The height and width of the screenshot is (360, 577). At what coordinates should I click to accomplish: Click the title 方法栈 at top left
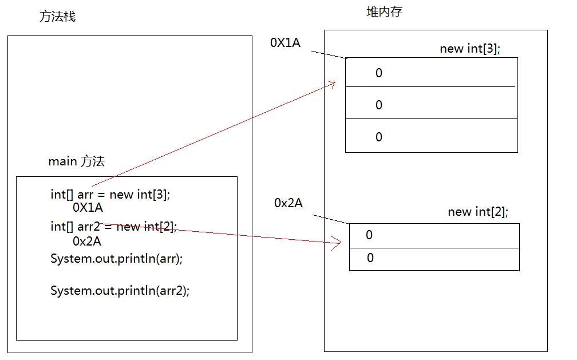tap(57, 17)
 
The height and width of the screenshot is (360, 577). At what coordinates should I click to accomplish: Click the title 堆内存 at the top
tap(384, 11)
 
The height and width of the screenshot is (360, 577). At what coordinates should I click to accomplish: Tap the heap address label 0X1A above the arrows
tap(285, 43)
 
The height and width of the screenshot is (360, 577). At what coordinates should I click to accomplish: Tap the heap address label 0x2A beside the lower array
tap(288, 203)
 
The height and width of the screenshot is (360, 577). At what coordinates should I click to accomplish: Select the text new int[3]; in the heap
tap(469, 49)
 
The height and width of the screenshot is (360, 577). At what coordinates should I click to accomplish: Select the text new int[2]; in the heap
tap(477, 212)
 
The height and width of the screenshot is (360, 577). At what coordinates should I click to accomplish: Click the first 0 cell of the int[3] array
tap(378, 73)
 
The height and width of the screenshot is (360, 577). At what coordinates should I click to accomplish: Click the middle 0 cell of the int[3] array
tap(378, 105)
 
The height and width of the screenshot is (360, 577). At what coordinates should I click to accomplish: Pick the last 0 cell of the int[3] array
tap(378, 137)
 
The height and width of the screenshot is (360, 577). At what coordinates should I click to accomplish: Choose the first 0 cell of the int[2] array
tap(369, 235)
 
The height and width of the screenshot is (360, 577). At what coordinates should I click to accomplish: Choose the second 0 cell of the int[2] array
tap(370, 258)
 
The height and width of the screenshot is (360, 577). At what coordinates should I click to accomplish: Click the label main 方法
tap(76, 161)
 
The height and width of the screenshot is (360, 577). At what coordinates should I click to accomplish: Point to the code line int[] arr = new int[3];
tap(110, 195)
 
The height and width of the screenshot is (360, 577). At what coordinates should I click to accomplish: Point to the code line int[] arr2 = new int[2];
tap(113, 227)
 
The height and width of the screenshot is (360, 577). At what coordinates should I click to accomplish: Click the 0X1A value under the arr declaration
tap(88, 208)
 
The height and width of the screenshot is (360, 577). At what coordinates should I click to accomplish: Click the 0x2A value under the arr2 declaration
tap(87, 241)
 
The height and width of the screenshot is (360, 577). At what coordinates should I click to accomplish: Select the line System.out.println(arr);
tap(116, 258)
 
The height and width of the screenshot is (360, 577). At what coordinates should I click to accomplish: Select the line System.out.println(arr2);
tap(120, 290)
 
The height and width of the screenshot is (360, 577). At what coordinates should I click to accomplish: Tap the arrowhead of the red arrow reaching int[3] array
tap(332, 84)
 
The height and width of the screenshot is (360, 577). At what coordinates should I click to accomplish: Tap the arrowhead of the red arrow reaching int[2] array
tap(338, 243)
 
